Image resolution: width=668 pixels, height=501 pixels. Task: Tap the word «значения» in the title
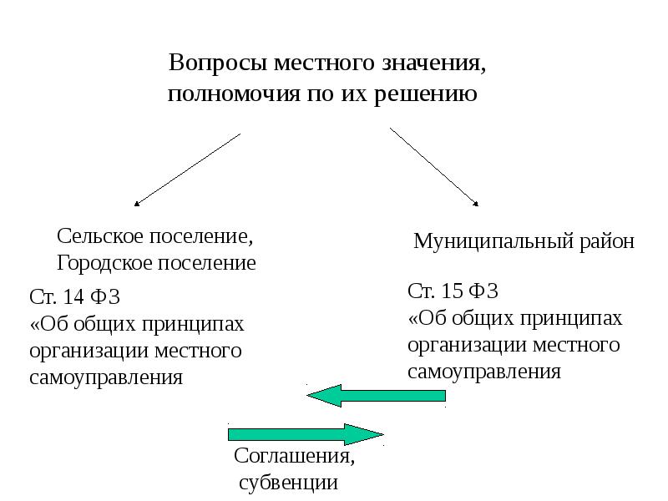pyautogui.click(x=433, y=64)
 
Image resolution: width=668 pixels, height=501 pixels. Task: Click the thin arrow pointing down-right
pyautogui.click(x=434, y=167)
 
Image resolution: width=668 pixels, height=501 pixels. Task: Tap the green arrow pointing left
pyautogui.click(x=376, y=395)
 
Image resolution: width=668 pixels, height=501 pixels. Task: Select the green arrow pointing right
pyautogui.click(x=306, y=434)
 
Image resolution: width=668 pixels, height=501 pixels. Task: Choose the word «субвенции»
pyautogui.click(x=289, y=483)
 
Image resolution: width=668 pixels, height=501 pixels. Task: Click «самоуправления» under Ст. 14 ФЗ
pyautogui.click(x=106, y=377)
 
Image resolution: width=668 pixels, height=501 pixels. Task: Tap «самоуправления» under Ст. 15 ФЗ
pyautogui.click(x=484, y=372)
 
